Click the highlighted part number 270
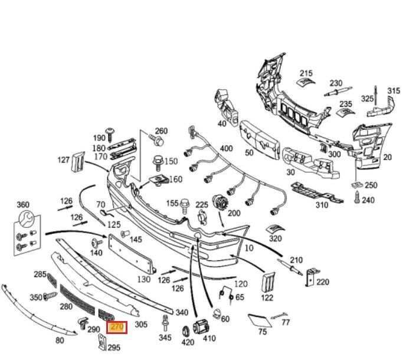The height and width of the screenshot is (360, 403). (116, 325)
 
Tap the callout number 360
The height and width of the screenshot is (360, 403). (22, 205)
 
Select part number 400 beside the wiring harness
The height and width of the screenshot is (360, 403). (226, 148)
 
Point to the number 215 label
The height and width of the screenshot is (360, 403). (306, 63)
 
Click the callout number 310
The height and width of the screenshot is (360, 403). (322, 205)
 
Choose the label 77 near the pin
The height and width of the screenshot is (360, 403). (286, 322)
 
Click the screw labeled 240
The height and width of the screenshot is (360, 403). (356, 199)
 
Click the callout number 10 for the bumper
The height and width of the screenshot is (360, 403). (249, 248)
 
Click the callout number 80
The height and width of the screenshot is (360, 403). (60, 340)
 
